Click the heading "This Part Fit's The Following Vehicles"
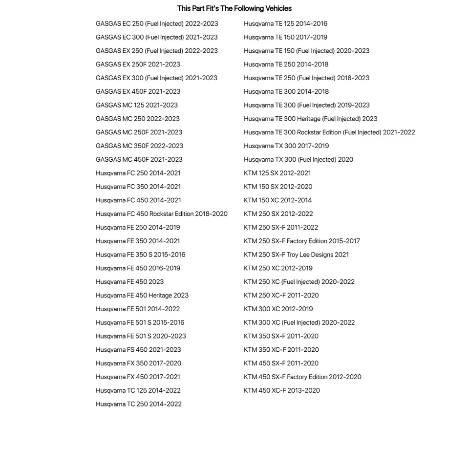pos(234,8)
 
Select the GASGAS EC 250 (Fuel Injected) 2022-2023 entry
pos(157,23)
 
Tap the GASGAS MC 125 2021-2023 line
pos(137,105)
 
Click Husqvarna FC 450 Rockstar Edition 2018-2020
pos(162,213)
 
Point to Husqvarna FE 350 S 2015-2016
pos(141,255)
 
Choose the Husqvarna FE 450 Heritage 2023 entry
pos(142,295)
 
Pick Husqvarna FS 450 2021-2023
pos(138,349)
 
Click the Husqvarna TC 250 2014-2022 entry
pos(139,404)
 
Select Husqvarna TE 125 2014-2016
pos(286,23)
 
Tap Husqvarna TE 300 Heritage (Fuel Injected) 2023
pos(311,119)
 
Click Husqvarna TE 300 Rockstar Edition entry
pos(329,132)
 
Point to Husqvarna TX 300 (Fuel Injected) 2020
pos(298,159)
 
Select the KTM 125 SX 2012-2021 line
pos(277,173)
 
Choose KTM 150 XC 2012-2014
pos(278,200)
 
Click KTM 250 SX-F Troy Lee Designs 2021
pos(297,255)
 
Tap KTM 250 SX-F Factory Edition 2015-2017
pos(302,241)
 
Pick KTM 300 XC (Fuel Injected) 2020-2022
pos(299,322)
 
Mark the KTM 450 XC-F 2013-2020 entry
pos(282,390)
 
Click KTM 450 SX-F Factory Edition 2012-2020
pos(303,377)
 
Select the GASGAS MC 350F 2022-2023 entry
pos(140,146)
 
